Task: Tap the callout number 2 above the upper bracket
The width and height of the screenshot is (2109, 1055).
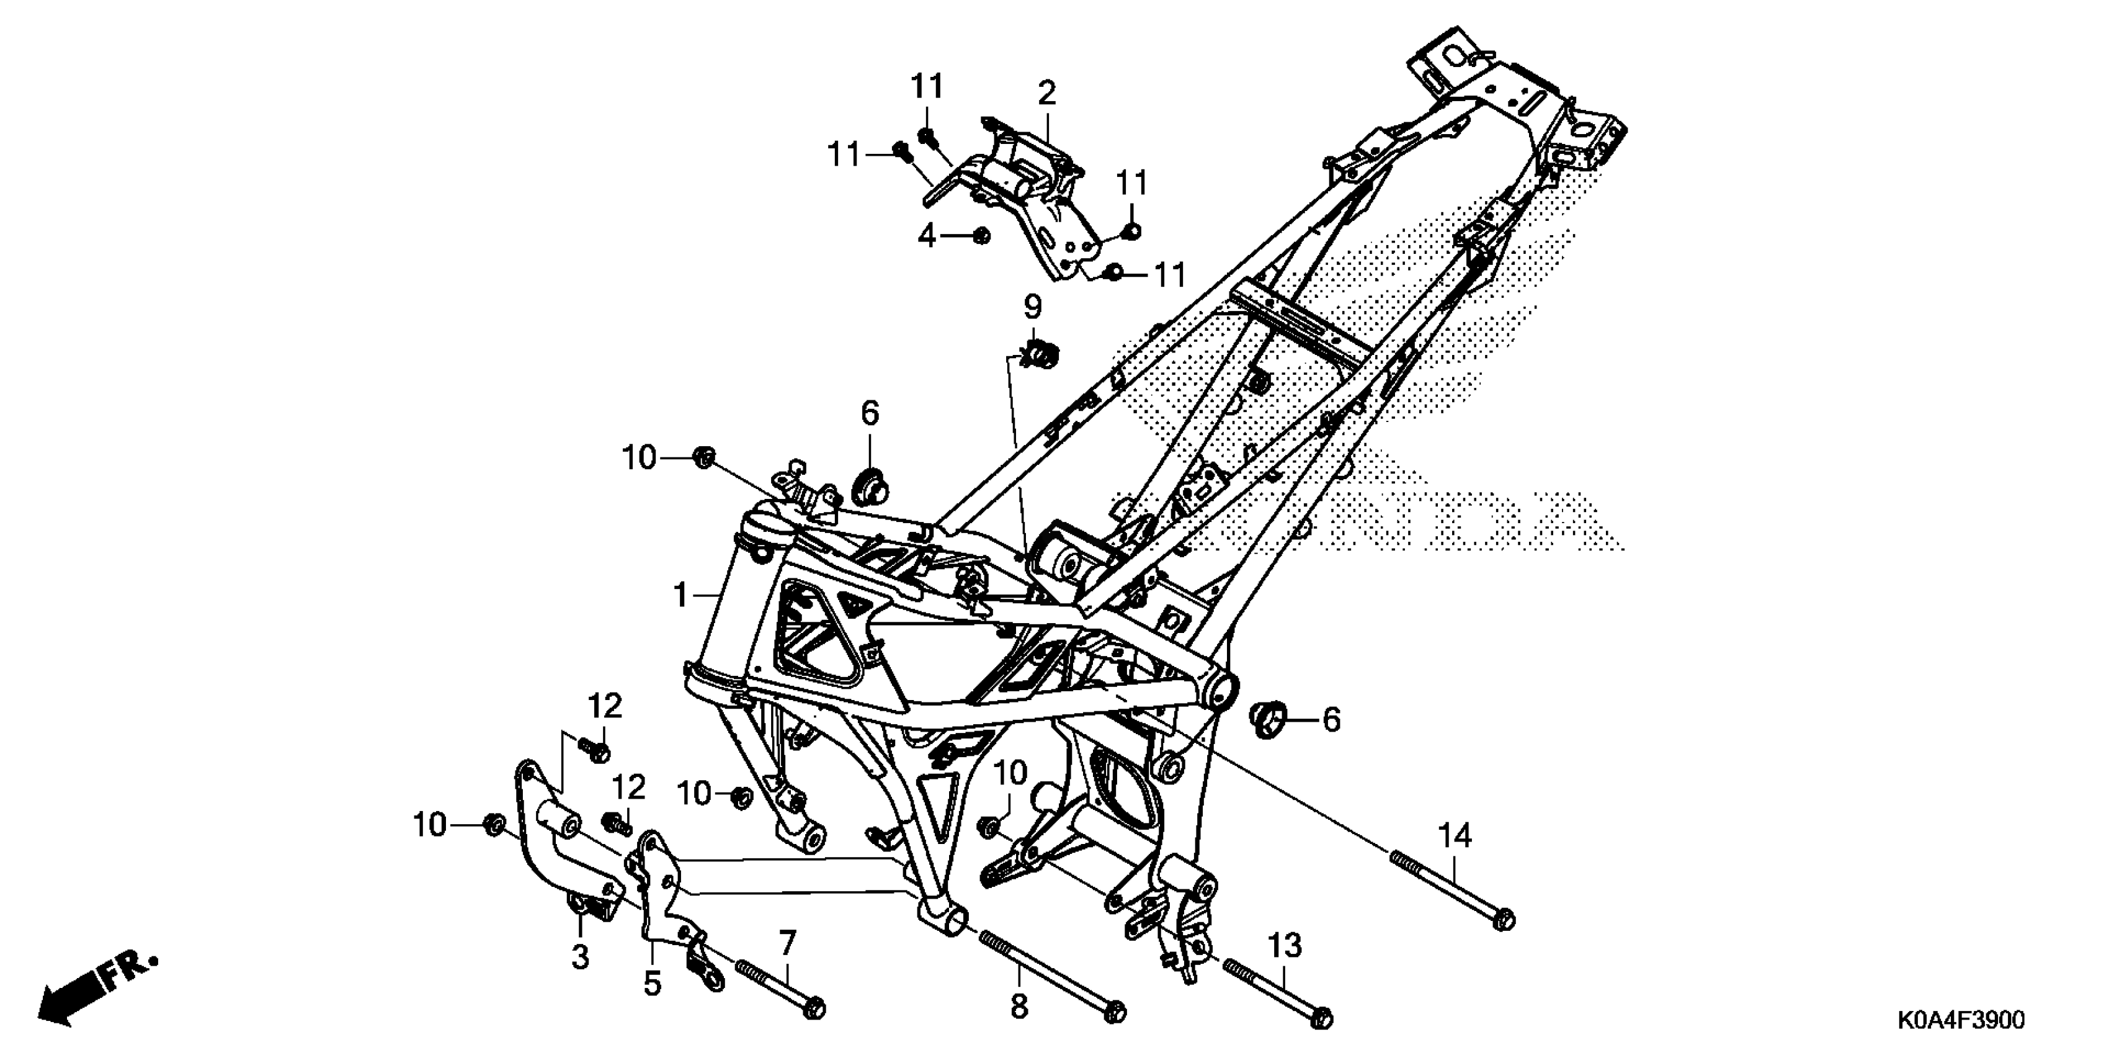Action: pyautogui.click(x=1046, y=94)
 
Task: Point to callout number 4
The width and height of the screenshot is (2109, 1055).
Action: pyautogui.click(x=926, y=236)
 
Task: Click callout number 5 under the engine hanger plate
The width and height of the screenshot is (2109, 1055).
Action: pyautogui.click(x=652, y=983)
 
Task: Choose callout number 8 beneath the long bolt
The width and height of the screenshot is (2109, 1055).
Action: pyautogui.click(x=1019, y=1007)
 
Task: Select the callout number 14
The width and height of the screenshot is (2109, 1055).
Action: pyautogui.click(x=1455, y=837)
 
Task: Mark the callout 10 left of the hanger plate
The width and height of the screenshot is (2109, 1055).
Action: pyautogui.click(x=430, y=825)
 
